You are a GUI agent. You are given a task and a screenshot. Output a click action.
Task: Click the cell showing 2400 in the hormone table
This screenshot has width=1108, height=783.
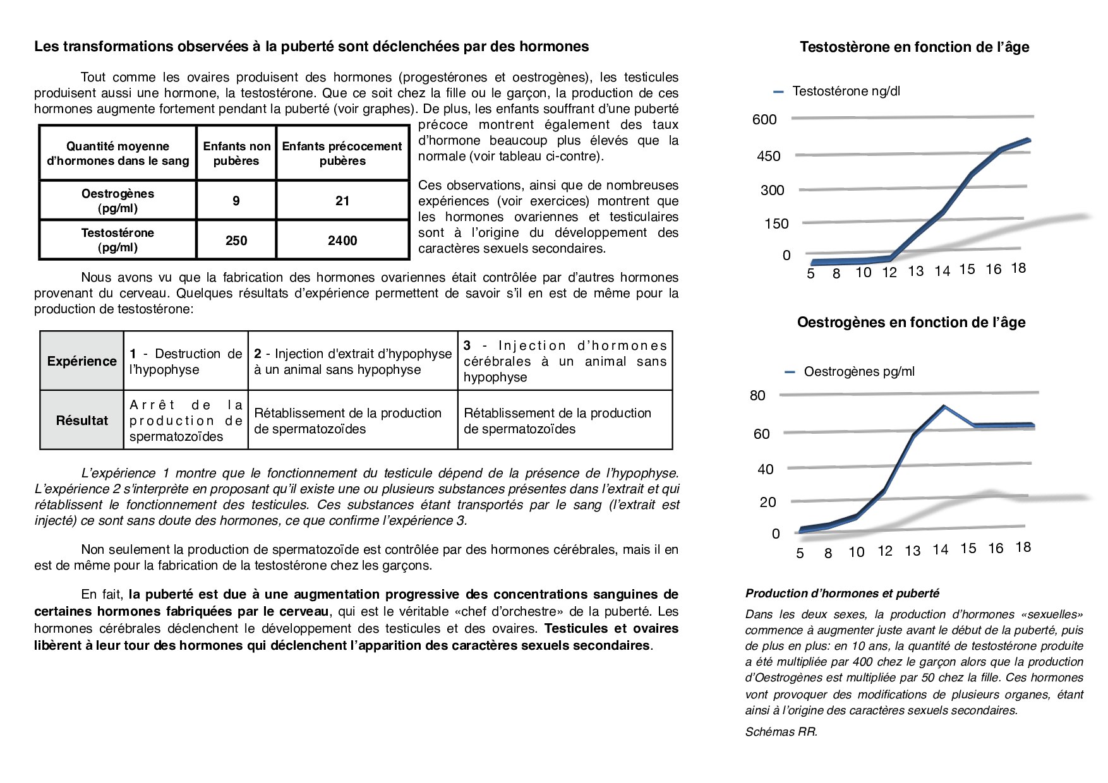coord(342,241)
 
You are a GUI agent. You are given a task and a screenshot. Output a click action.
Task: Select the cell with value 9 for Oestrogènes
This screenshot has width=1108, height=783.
coord(236,201)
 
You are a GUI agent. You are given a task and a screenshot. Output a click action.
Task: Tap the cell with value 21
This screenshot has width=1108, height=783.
coord(342,201)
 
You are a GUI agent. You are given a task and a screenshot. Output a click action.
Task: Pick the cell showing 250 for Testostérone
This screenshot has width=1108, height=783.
coord(236,241)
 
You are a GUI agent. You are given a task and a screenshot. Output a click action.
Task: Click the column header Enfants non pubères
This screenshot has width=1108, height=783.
coord(236,153)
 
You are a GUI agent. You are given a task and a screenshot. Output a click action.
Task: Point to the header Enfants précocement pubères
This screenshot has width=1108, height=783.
coord(342,153)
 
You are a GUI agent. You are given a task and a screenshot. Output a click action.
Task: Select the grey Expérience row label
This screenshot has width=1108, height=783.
coord(82,361)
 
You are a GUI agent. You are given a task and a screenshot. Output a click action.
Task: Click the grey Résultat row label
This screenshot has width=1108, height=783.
coord(82,421)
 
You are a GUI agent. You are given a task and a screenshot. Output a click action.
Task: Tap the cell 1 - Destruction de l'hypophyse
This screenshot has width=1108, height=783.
coord(186,362)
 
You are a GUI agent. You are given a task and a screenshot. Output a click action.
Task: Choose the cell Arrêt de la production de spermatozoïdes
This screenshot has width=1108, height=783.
coord(186,421)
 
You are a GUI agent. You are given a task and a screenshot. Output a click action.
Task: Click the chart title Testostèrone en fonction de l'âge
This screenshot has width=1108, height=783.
coord(914,47)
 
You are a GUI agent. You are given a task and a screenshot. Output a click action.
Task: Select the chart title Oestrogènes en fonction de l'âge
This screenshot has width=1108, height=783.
coord(911,323)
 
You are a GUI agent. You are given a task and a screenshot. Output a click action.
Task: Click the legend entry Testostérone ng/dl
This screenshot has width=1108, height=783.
coord(846,92)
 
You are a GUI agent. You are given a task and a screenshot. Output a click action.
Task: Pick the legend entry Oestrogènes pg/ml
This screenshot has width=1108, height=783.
coord(858,372)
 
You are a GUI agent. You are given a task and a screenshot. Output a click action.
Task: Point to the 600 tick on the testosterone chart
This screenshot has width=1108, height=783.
coord(764,120)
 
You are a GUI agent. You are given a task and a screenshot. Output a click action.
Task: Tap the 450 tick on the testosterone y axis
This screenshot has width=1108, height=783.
coord(769,156)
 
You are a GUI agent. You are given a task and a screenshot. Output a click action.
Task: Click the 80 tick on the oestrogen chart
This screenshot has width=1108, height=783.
coord(757,396)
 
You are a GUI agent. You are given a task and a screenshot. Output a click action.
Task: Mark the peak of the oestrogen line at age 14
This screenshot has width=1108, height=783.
coord(944,406)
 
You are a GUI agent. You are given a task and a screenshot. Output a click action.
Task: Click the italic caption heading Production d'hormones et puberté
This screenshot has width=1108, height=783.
coord(842,594)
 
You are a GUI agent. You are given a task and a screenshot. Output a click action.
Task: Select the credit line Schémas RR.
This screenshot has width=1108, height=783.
coord(781,732)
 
